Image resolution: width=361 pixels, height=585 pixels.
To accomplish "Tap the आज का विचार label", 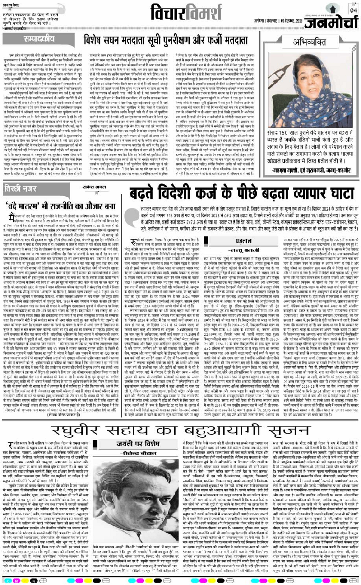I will tap(14, 4).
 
